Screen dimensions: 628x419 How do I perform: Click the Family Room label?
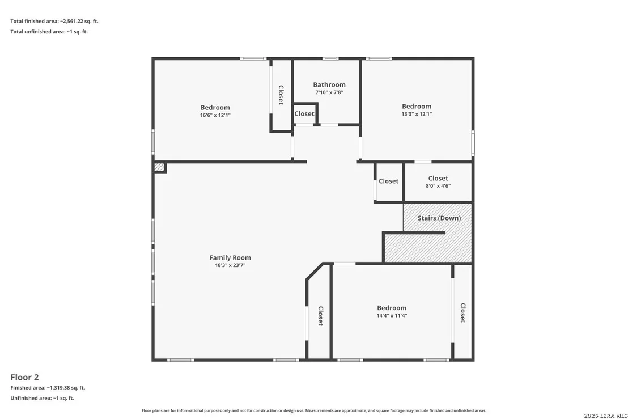pos(230,257)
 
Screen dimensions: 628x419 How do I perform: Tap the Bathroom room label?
pos(329,84)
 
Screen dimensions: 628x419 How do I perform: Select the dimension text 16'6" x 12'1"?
pos(215,115)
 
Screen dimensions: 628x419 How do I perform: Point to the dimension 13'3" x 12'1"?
pos(417,114)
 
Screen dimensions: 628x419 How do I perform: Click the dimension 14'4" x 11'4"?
pos(392,315)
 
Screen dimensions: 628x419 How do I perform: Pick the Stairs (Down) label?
pos(439,218)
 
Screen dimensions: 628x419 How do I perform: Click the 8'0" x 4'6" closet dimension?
pos(438,186)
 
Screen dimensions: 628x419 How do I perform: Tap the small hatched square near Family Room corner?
pos(159,167)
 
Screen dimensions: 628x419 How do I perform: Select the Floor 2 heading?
pos(24,377)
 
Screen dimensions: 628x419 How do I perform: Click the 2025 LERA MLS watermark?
pos(605,416)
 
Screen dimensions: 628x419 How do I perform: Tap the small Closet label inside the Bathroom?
pos(304,114)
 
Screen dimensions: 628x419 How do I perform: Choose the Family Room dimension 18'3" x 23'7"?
pos(230,265)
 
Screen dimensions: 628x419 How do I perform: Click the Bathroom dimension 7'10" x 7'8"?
pos(329,92)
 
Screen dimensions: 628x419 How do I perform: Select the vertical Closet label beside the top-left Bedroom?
pos(281,95)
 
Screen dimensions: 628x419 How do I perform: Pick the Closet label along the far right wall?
pos(462,313)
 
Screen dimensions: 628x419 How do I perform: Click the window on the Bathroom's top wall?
pos(330,59)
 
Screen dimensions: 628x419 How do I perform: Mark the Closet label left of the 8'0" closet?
pos(388,181)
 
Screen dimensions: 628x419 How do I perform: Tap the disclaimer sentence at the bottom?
pos(314,410)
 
